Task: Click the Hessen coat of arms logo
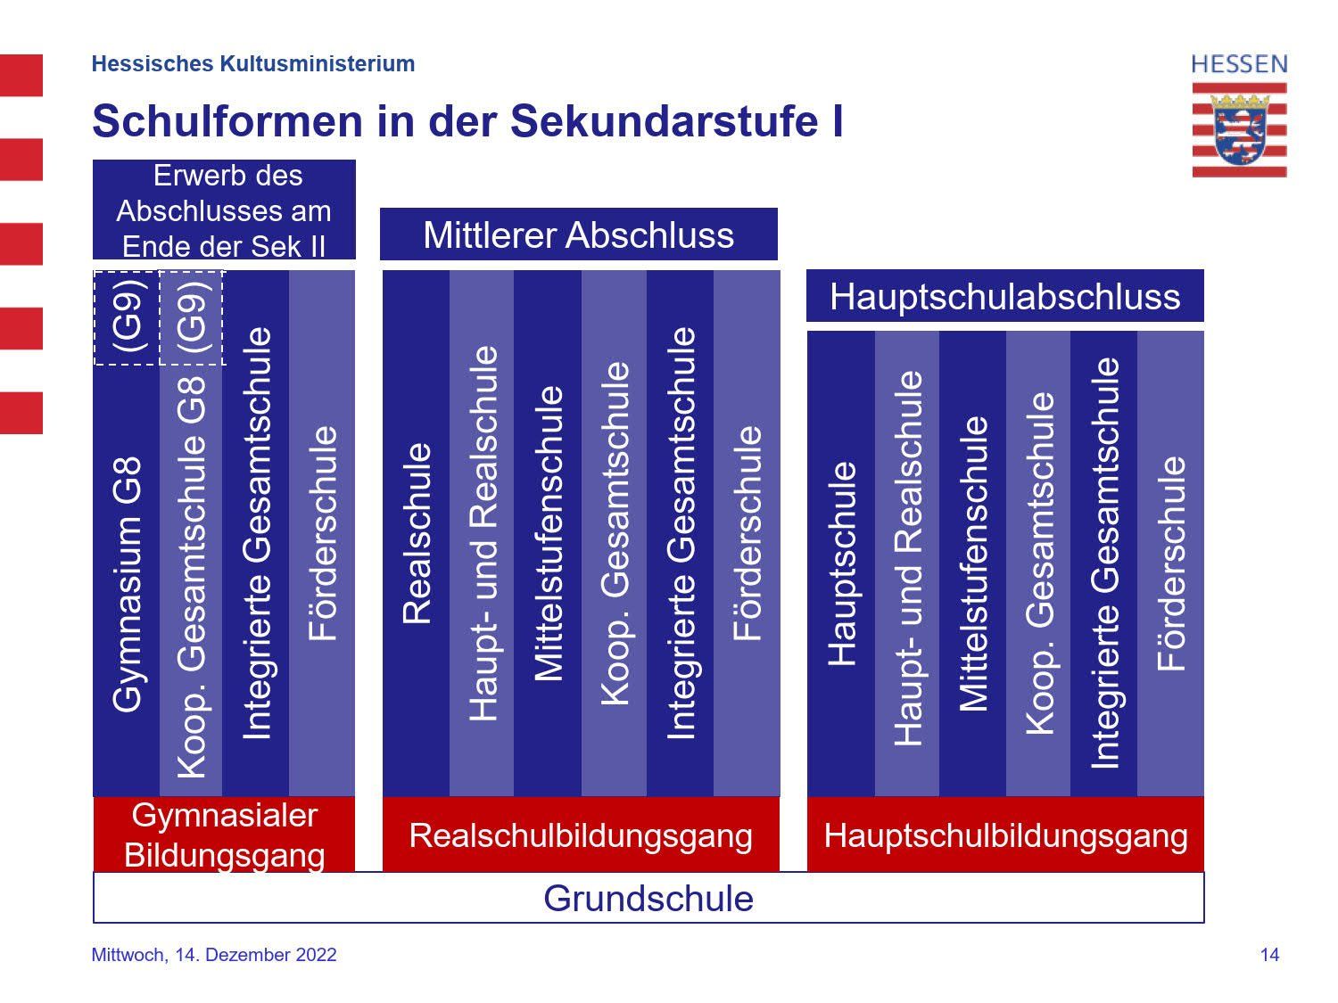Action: tap(1239, 129)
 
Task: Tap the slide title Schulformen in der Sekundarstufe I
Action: tap(467, 120)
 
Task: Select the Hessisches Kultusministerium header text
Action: tap(253, 63)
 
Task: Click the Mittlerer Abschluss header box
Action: tap(579, 234)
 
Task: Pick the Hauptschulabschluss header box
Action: tap(1004, 296)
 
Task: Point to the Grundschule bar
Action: tap(648, 898)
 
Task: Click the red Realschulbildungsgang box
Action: tap(581, 834)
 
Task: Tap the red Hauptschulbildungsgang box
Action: tap(1005, 834)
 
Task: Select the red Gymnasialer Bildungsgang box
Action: tap(224, 834)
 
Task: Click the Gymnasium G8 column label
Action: tap(127, 584)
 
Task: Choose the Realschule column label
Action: tap(417, 533)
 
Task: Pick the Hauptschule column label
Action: tap(842, 563)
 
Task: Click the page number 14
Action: tap(1269, 954)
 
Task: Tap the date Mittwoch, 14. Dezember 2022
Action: tap(214, 954)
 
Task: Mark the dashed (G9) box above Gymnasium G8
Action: tap(127, 318)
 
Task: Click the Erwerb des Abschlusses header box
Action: tap(224, 210)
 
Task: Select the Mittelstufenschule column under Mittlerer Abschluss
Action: tap(548, 533)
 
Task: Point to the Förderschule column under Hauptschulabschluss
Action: tap(1170, 564)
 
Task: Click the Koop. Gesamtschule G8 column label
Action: tap(192, 576)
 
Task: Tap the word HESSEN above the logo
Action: tap(1239, 64)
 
